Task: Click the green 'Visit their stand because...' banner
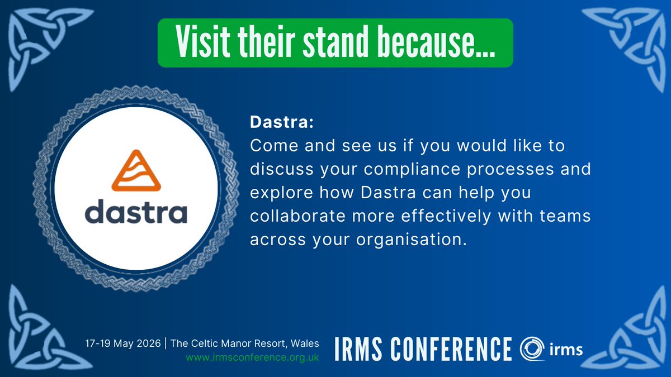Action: pos(335,42)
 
